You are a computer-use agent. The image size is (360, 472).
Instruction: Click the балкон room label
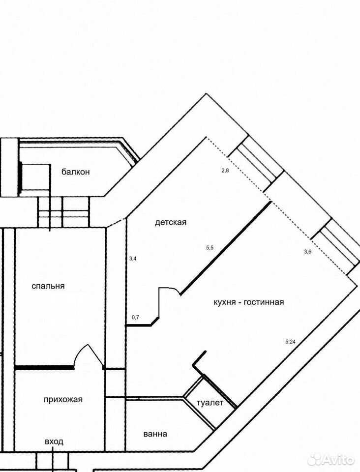click(76, 172)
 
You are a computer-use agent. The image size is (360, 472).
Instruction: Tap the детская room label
click(171, 222)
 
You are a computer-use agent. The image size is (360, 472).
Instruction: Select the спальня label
click(48, 286)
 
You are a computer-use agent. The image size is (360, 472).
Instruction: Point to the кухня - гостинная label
click(249, 302)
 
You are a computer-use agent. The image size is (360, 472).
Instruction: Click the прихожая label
click(63, 400)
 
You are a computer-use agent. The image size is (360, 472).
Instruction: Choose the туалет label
click(210, 403)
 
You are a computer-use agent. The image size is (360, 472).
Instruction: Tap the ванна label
click(155, 434)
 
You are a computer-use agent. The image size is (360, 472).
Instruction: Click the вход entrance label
click(54, 442)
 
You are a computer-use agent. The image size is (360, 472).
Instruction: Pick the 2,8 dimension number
click(225, 171)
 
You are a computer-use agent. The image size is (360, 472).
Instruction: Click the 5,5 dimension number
click(210, 248)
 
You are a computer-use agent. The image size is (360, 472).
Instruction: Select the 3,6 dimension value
click(308, 252)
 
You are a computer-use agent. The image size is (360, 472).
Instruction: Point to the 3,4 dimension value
click(133, 258)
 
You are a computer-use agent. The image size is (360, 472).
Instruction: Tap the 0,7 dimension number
click(135, 317)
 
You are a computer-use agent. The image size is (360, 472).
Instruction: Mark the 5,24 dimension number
click(291, 342)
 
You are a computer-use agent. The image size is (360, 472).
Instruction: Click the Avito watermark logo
click(331, 460)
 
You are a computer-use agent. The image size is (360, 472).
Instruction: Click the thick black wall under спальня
click(44, 367)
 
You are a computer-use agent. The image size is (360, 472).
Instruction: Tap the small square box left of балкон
click(35, 177)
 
